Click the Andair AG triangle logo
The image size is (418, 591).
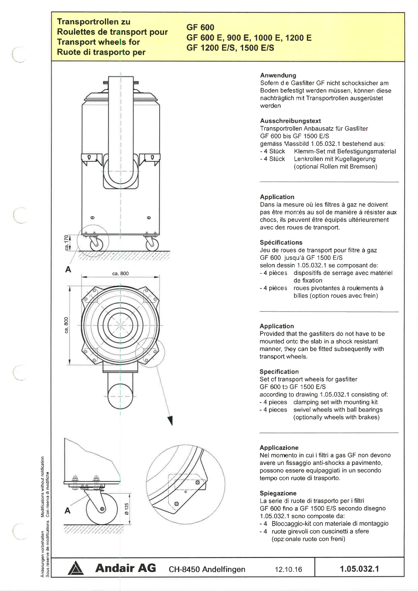(76, 569)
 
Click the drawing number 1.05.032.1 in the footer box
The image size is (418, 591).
(359, 569)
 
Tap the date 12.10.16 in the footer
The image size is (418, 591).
(288, 569)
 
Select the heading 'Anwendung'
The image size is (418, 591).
(278, 75)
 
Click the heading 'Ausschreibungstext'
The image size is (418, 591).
(290, 121)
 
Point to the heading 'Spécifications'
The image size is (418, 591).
(281, 242)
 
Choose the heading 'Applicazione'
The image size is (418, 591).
(279, 447)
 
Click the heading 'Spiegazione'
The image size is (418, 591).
(278, 493)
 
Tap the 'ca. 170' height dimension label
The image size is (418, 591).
(66, 242)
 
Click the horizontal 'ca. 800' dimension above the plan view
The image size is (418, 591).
(120, 274)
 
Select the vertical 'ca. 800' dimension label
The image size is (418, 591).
(66, 325)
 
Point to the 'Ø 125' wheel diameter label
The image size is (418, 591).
(127, 508)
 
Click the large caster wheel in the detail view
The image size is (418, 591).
(102, 509)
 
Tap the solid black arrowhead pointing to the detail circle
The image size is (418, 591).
(170, 420)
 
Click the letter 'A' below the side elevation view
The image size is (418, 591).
(68, 269)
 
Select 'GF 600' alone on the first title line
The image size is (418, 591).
(200, 27)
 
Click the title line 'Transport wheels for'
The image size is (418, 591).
(98, 42)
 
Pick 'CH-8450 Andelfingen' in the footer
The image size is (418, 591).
(207, 569)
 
